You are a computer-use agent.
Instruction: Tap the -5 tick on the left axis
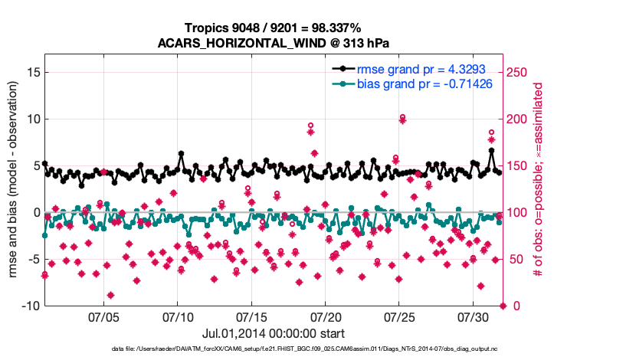click(x=31, y=259)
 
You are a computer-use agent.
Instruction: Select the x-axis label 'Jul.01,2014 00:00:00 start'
click(x=274, y=334)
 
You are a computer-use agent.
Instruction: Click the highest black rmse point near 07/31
click(x=491, y=151)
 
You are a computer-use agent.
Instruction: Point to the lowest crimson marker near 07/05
click(x=111, y=295)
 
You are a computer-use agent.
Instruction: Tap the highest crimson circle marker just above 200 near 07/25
click(x=402, y=117)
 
